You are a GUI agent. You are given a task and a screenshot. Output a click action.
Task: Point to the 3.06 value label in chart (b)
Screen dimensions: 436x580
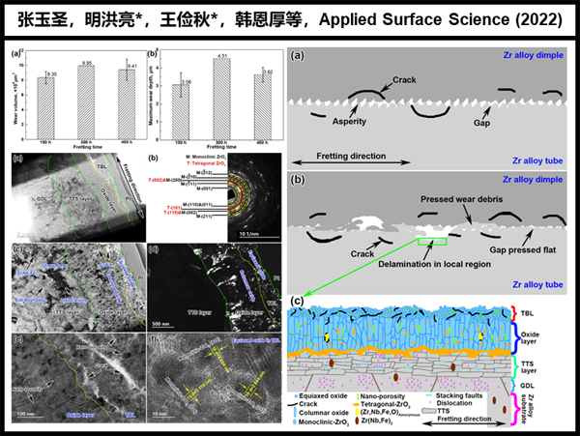pos(186,81)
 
